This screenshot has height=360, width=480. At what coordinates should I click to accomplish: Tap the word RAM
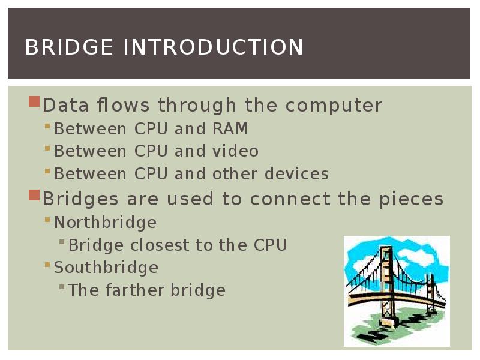click(230, 129)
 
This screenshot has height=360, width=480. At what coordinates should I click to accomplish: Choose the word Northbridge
click(106, 223)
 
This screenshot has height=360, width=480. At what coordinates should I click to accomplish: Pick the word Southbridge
click(106, 268)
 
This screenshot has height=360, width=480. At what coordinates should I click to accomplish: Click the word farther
click(136, 290)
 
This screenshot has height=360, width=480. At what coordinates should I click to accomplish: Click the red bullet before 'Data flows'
click(34, 101)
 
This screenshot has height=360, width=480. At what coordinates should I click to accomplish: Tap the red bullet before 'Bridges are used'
click(34, 195)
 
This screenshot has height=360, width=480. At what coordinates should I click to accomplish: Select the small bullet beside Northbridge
click(48, 220)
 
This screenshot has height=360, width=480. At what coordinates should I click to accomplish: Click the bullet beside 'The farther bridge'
click(62, 287)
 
